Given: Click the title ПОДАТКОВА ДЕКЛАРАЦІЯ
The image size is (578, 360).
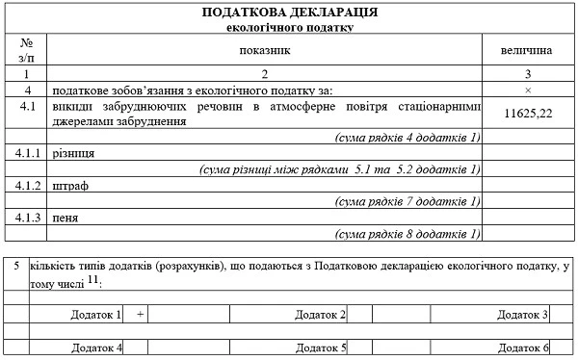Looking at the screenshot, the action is tap(289, 13).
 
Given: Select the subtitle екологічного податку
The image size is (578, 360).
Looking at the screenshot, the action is tap(289, 28).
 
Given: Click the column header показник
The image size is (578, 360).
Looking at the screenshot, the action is tap(264, 47).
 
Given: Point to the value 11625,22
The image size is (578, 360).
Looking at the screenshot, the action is tap(528, 114).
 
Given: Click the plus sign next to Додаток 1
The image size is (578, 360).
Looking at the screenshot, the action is tap(140, 315).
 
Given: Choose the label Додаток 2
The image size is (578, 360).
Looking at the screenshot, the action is tap(321, 315).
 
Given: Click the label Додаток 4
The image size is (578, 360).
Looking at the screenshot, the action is tap(97, 347).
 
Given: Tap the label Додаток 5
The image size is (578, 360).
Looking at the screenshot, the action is tap(321, 347).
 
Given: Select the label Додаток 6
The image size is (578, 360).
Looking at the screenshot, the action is tap(524, 347).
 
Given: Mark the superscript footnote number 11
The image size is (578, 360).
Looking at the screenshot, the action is tap(92, 279).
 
